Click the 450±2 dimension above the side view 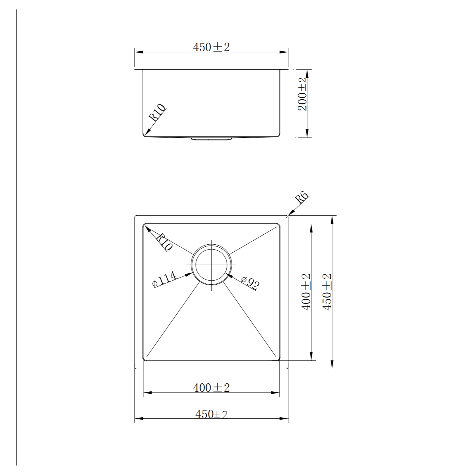coord(211,47)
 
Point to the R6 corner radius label coord(301,198)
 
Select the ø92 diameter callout coord(250,283)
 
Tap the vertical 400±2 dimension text coord(306,291)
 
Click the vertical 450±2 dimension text coord(327,291)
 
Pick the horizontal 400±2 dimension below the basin coord(211,387)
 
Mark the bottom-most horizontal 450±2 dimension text coord(211,414)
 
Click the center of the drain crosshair coord(211,264)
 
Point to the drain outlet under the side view coord(211,139)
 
